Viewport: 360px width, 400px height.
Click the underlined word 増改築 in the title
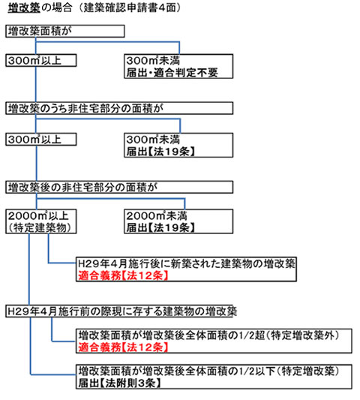(x=24, y=8)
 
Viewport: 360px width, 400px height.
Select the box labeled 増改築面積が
(x=65, y=31)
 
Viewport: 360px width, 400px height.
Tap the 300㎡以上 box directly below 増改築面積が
(x=40, y=61)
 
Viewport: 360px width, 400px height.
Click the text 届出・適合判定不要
(x=172, y=73)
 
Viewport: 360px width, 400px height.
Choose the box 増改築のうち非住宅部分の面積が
(x=119, y=108)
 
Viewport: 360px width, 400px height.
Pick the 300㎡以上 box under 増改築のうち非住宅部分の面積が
(x=40, y=140)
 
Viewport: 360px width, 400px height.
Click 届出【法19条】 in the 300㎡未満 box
(x=160, y=152)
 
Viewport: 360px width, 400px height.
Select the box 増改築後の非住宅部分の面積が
(x=119, y=187)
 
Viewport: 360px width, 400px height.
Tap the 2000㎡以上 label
(x=38, y=216)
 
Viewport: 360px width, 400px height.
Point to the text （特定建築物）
(x=39, y=227)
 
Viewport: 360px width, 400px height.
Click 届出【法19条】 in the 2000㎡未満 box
(x=160, y=227)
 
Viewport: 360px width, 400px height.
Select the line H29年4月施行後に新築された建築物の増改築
(x=186, y=263)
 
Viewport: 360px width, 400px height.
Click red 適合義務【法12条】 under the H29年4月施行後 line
(x=123, y=275)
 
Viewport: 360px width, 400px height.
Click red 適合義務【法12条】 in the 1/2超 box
(x=123, y=347)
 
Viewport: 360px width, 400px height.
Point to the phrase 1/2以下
(x=257, y=371)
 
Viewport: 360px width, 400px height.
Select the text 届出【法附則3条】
(x=119, y=383)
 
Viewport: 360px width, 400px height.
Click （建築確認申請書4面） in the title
(x=130, y=8)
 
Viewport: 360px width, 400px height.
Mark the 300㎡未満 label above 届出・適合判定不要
(x=153, y=61)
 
